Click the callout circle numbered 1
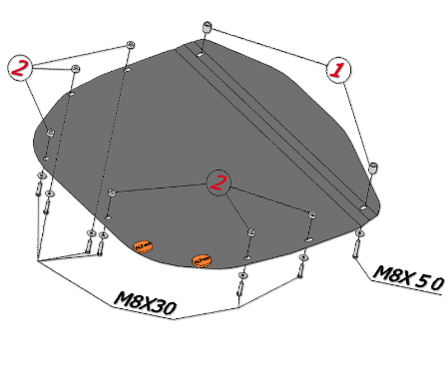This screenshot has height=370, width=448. click(338, 70)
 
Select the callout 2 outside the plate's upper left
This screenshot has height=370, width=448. click(20, 68)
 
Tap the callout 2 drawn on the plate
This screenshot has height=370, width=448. click(219, 184)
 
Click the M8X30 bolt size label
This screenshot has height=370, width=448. click(145, 303)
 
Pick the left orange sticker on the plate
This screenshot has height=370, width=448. click(143, 246)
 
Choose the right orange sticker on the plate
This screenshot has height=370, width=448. click(203, 260)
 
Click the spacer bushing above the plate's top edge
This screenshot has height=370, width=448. click(207, 27)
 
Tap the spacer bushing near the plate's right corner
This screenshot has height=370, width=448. click(374, 168)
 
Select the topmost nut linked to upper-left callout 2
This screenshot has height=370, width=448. click(131, 45)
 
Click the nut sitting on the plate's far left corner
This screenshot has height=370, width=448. click(50, 133)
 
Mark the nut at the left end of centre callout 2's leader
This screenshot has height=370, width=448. click(112, 192)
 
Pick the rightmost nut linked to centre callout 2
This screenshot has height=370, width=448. click(312, 214)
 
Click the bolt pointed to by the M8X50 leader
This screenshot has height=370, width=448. click(356, 248)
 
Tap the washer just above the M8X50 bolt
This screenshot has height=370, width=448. click(359, 233)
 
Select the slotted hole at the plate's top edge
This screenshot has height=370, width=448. click(201, 54)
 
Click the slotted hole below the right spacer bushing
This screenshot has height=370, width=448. click(363, 207)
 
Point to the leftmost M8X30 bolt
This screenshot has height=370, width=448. click(38, 188)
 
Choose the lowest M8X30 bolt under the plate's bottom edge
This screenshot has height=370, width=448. click(240, 288)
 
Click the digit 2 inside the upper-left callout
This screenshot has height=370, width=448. click(19, 68)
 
